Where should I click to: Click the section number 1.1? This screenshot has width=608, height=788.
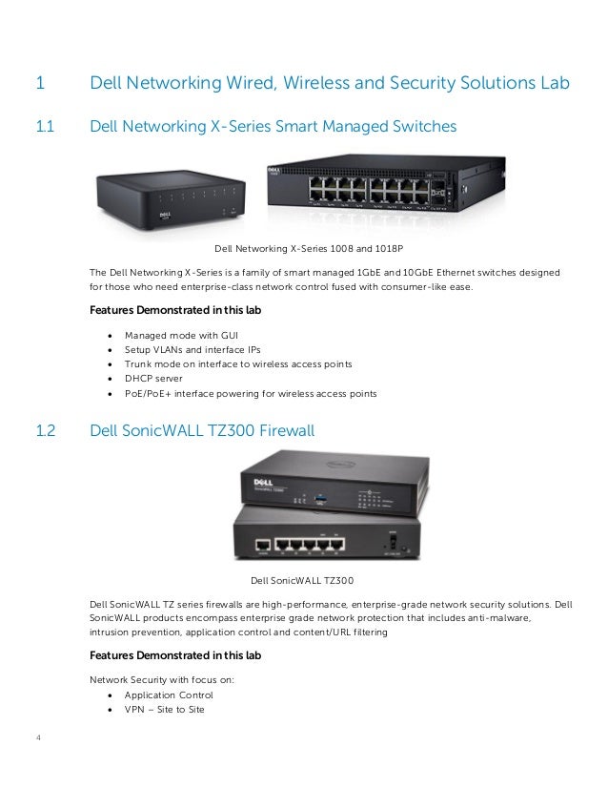[x=44, y=126]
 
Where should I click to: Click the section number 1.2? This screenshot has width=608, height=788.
[x=45, y=431]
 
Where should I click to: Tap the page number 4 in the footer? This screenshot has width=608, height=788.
[x=38, y=736]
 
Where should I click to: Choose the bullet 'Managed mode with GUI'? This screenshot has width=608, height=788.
[x=181, y=336]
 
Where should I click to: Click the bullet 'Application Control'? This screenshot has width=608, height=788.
[x=169, y=695]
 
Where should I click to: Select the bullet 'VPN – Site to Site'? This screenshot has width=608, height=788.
[x=164, y=710]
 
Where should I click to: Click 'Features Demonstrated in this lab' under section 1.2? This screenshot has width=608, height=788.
[x=174, y=655]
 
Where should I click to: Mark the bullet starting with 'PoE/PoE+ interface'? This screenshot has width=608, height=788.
[x=251, y=392]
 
